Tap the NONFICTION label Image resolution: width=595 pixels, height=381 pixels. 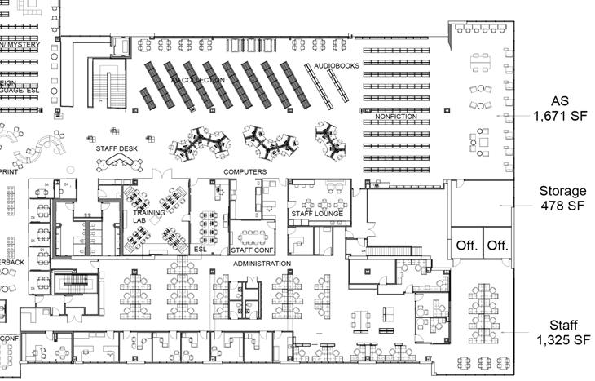[x=396, y=117]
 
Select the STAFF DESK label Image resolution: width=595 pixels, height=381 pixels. [x=117, y=148]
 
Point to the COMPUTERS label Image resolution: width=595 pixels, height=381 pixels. [x=245, y=172]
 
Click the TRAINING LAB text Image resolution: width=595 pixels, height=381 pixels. [x=149, y=216]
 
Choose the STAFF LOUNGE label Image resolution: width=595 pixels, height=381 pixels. [x=317, y=213]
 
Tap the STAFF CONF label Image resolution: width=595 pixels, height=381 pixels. [x=251, y=250]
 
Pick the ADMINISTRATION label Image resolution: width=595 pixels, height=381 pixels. [x=262, y=264]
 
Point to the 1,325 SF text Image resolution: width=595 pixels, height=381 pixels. [x=560, y=339]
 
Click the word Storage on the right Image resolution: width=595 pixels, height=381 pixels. [x=562, y=192]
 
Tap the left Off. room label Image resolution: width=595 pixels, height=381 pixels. [x=466, y=245]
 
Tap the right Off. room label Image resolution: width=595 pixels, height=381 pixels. [x=497, y=245]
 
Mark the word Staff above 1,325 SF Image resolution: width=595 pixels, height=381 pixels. [x=562, y=324]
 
